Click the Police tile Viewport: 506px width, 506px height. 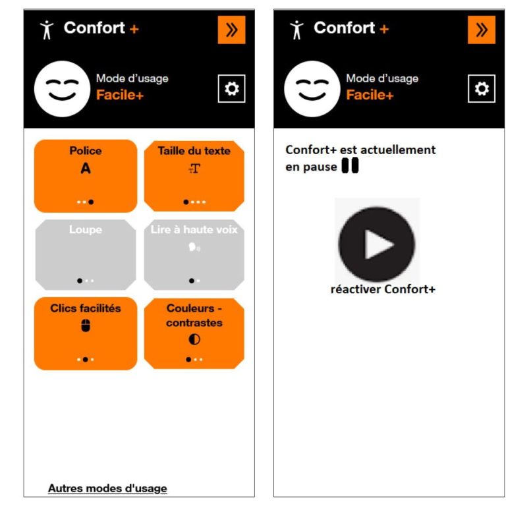coord(86,175)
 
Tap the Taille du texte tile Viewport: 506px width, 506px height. coord(194,175)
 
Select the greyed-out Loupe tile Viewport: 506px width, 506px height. coord(86,254)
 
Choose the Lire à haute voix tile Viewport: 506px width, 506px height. coord(194,254)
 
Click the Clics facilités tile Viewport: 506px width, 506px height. coord(86,333)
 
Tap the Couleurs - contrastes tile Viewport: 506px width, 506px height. coord(194,333)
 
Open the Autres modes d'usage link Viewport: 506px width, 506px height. coord(107,488)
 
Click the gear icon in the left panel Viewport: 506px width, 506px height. coord(231,89)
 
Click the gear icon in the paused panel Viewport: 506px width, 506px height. coord(482,89)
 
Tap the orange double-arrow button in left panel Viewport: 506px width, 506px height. coord(231,30)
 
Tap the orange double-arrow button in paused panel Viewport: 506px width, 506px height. coord(482,30)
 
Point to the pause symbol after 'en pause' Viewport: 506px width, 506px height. coord(350,167)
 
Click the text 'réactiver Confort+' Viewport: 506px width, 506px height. coord(383,289)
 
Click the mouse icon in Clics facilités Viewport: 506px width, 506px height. coord(86,325)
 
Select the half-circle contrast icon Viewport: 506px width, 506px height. coord(194,339)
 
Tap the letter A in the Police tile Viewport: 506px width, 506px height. coord(86,169)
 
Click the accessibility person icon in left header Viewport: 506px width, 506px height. coord(46,30)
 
